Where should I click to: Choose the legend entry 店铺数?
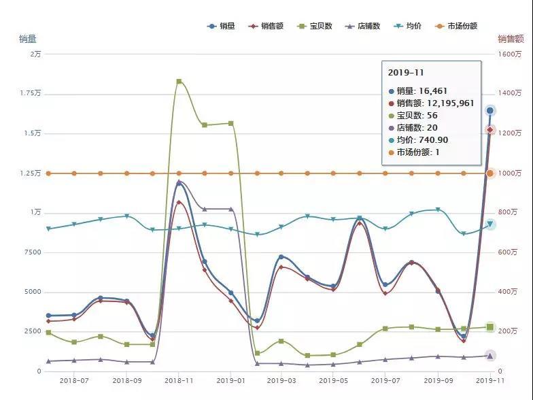[364, 26]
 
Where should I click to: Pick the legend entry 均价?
[408, 26]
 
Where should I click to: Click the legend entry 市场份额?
[456, 26]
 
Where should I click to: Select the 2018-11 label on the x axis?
[179, 382]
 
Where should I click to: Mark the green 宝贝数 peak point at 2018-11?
[179, 82]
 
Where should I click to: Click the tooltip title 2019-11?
[406, 72]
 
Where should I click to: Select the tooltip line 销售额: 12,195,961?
[435, 103]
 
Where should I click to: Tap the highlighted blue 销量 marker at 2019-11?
[489, 110]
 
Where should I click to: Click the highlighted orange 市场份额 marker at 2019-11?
[489, 173]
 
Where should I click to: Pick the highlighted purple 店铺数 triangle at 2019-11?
[489, 355]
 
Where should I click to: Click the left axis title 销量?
[27, 39]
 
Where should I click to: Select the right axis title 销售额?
[510, 39]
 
